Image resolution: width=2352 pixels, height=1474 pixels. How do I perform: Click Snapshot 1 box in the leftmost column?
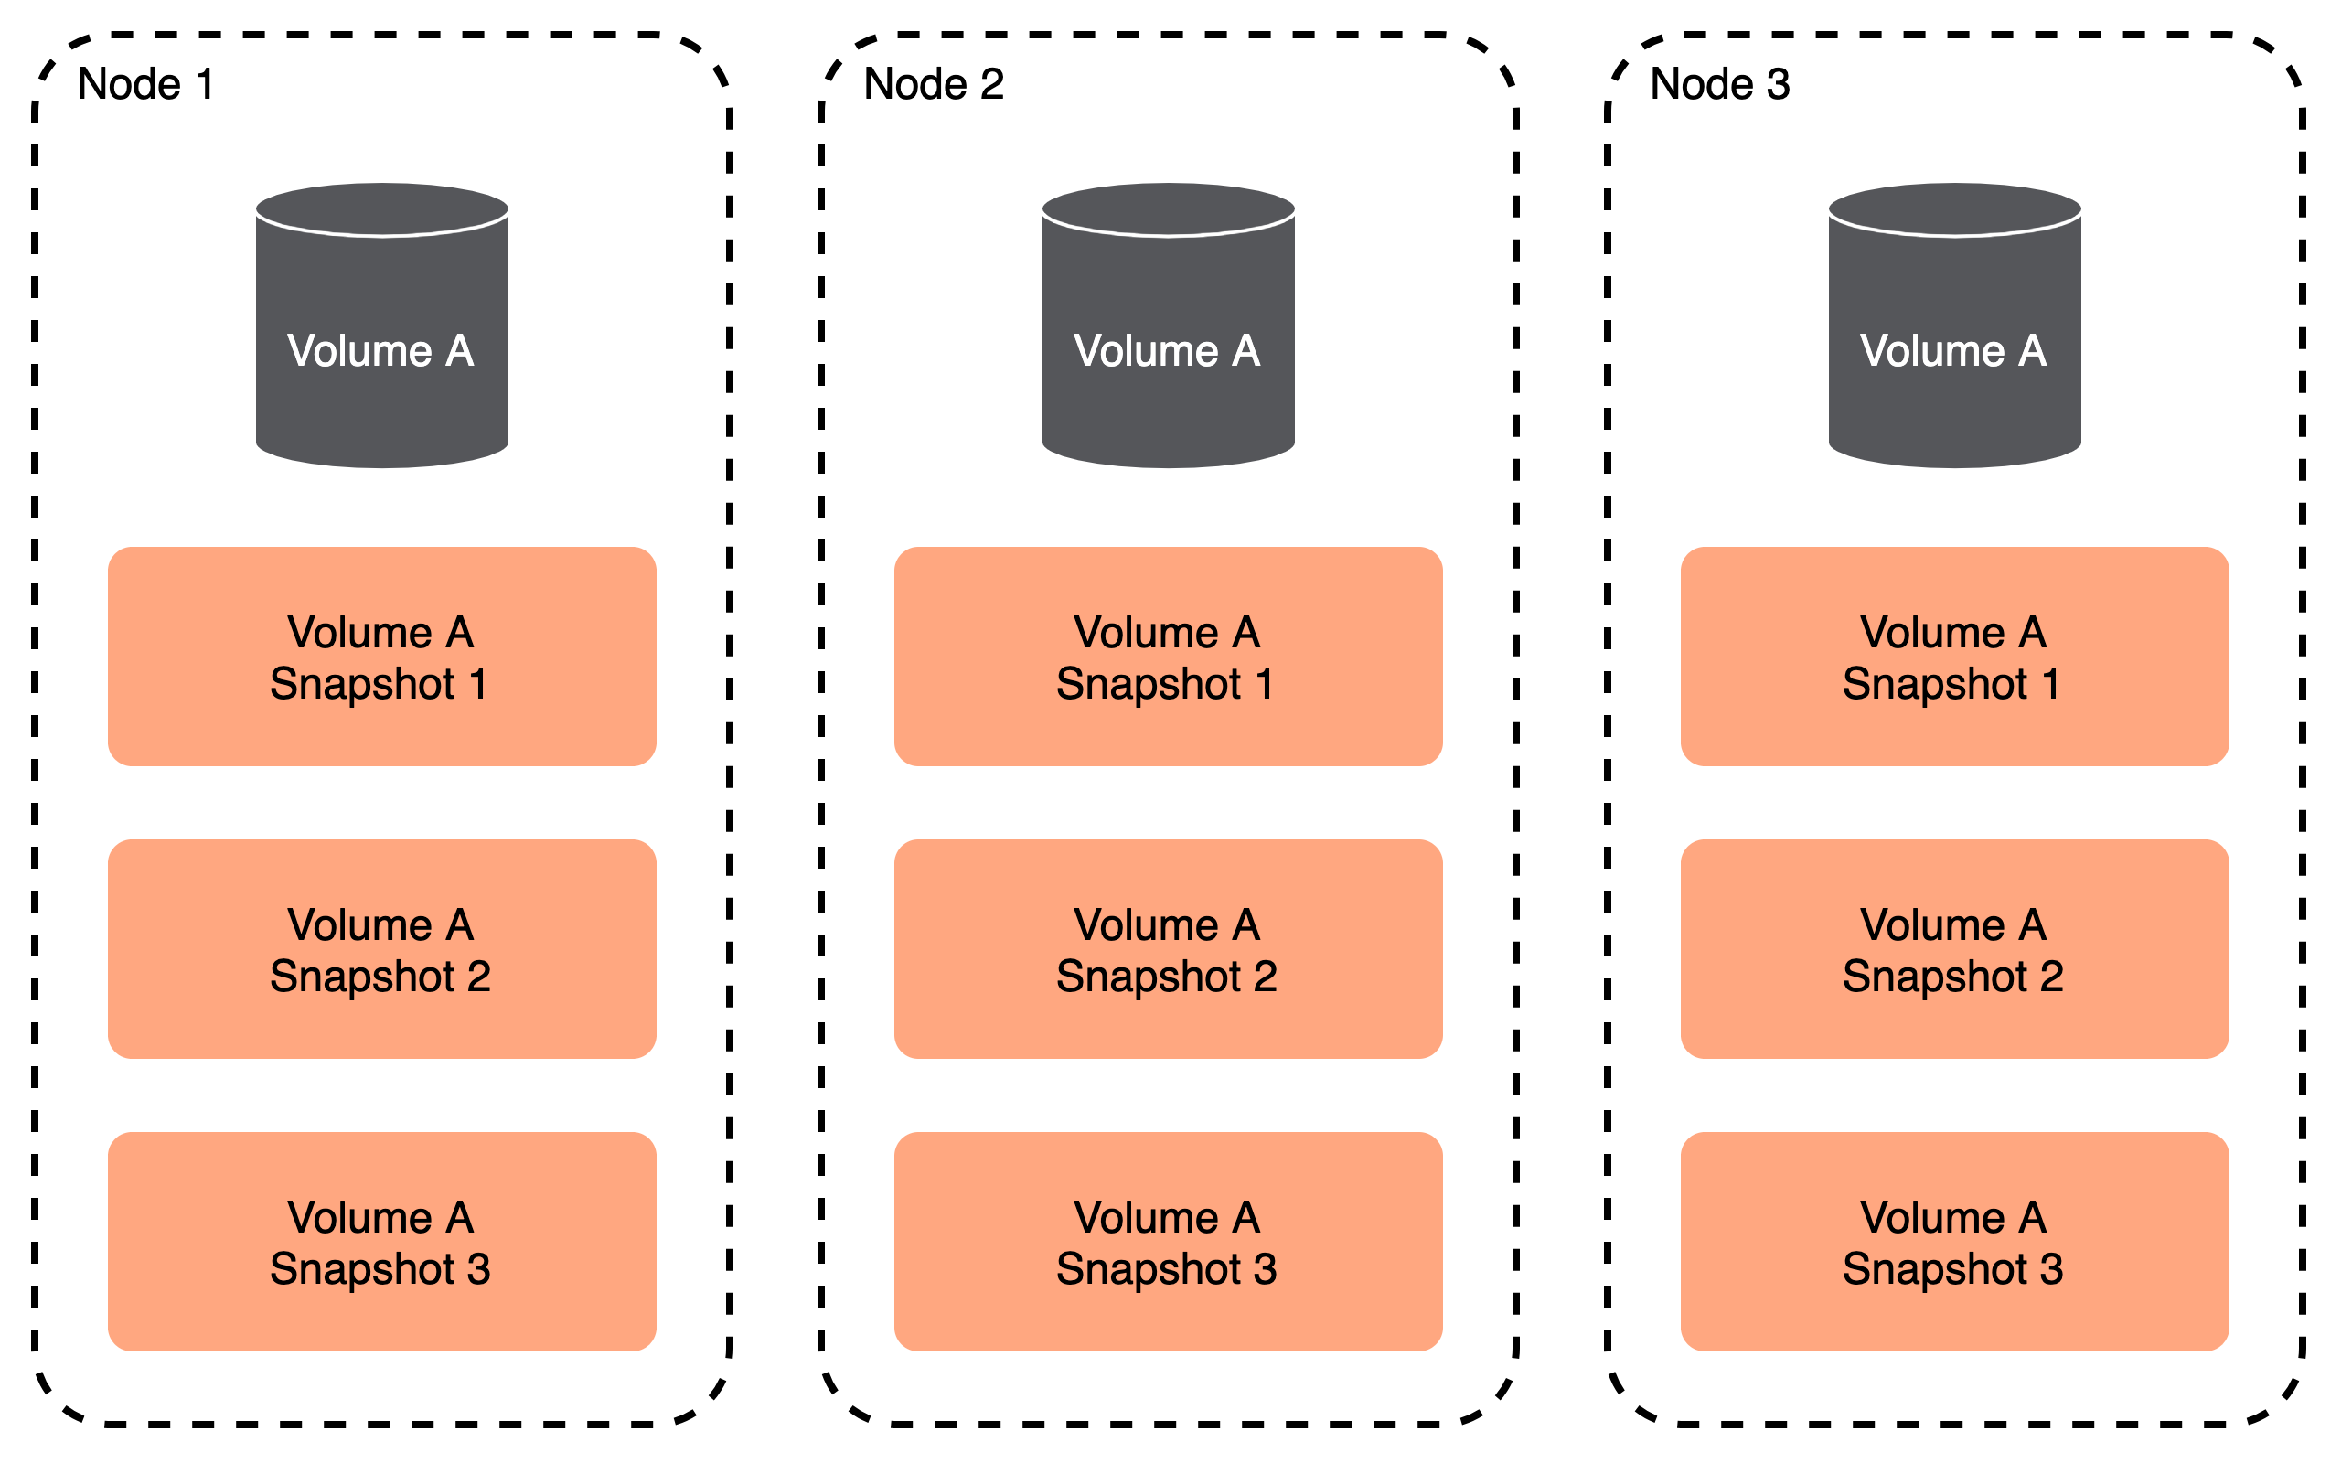coord(382,657)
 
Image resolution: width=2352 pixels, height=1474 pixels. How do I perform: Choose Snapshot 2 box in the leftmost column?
coord(382,949)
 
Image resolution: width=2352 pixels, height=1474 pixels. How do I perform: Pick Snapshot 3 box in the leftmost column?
coord(382,1242)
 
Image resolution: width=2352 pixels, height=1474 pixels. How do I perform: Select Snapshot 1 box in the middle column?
coord(1168,657)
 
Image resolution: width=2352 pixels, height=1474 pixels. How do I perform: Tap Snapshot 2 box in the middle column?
coord(1168,949)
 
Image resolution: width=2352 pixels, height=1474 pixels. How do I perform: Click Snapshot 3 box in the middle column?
coord(1168,1242)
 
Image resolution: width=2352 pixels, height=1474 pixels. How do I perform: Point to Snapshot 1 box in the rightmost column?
coord(1954,657)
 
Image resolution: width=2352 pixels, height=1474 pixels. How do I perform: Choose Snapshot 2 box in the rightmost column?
coord(1954,949)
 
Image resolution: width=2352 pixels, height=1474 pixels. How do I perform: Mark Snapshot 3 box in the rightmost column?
coord(1954,1242)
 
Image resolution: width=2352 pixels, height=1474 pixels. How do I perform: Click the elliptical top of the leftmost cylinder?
coord(382,208)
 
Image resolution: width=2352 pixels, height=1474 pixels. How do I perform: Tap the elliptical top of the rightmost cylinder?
coord(1954,208)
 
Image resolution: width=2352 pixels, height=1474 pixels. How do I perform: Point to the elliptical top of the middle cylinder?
coord(1168,208)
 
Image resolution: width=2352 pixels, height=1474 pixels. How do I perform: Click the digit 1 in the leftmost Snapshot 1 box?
coord(478,684)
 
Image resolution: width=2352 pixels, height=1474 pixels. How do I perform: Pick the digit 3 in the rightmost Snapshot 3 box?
coord(2051,1269)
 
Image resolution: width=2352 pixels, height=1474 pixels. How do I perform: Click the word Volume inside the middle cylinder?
coord(1145,351)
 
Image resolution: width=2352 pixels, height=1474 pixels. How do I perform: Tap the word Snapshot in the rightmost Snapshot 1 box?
coord(1934,684)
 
